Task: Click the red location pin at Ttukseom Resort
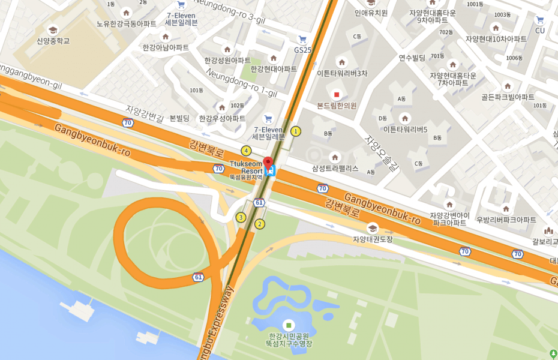click(268, 161)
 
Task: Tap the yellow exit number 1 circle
click(295, 131)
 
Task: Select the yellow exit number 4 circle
click(246, 151)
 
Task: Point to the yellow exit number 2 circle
click(259, 224)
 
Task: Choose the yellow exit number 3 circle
click(241, 217)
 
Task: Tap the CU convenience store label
click(539, 30)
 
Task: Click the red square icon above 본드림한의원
click(337, 95)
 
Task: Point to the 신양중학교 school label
click(53, 41)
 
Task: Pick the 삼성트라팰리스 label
click(335, 169)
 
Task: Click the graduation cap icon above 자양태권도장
click(372, 228)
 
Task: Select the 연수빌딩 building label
click(412, 58)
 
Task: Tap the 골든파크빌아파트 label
click(508, 97)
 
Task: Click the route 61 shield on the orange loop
click(198, 277)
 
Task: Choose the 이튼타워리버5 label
click(405, 129)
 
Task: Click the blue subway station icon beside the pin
click(271, 172)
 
